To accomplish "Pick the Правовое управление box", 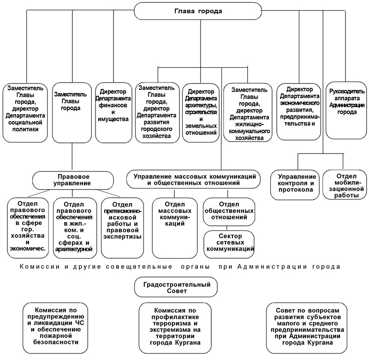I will point(73,179).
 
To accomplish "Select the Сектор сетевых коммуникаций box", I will point(229,242).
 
